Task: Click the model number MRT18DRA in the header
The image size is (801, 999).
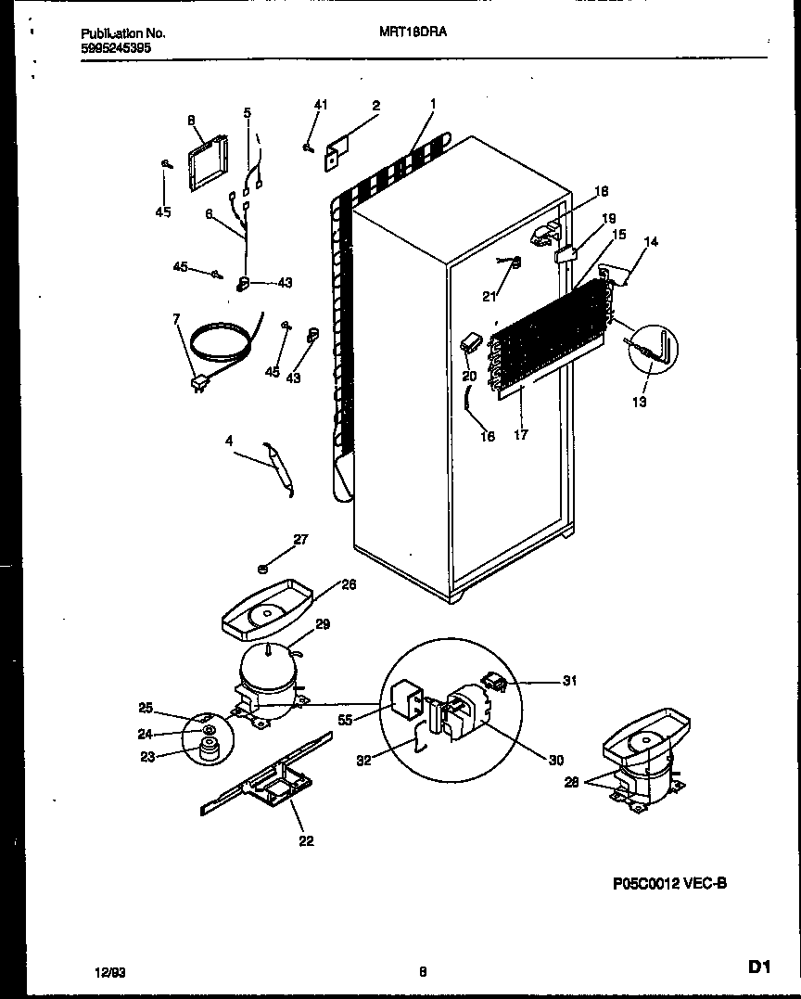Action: tap(413, 32)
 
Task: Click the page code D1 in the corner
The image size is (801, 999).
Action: tap(759, 968)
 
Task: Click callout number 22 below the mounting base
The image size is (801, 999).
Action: tap(306, 840)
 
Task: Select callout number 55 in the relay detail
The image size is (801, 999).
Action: tap(345, 719)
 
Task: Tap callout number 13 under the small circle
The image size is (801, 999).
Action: tap(640, 402)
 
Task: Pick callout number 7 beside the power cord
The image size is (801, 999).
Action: tap(176, 320)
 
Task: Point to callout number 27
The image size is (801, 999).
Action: tap(300, 539)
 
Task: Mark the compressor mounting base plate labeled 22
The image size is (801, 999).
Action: tap(269, 779)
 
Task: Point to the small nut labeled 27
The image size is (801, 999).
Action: tap(264, 568)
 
